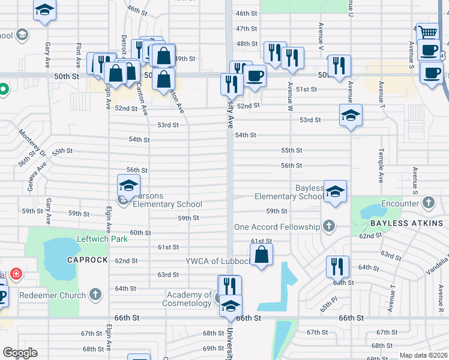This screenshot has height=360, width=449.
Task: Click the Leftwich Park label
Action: (103, 239)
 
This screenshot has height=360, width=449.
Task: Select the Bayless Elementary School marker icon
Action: (336, 191)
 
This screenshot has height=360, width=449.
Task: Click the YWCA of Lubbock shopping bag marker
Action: (262, 255)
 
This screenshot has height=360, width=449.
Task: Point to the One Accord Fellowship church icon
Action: (328, 227)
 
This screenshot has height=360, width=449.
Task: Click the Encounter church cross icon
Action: (428, 203)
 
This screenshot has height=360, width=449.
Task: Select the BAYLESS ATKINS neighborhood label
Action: (406, 223)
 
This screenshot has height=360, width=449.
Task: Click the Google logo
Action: (20, 352)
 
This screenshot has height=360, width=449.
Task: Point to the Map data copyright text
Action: (423, 355)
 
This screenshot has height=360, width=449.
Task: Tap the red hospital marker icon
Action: (16, 275)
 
